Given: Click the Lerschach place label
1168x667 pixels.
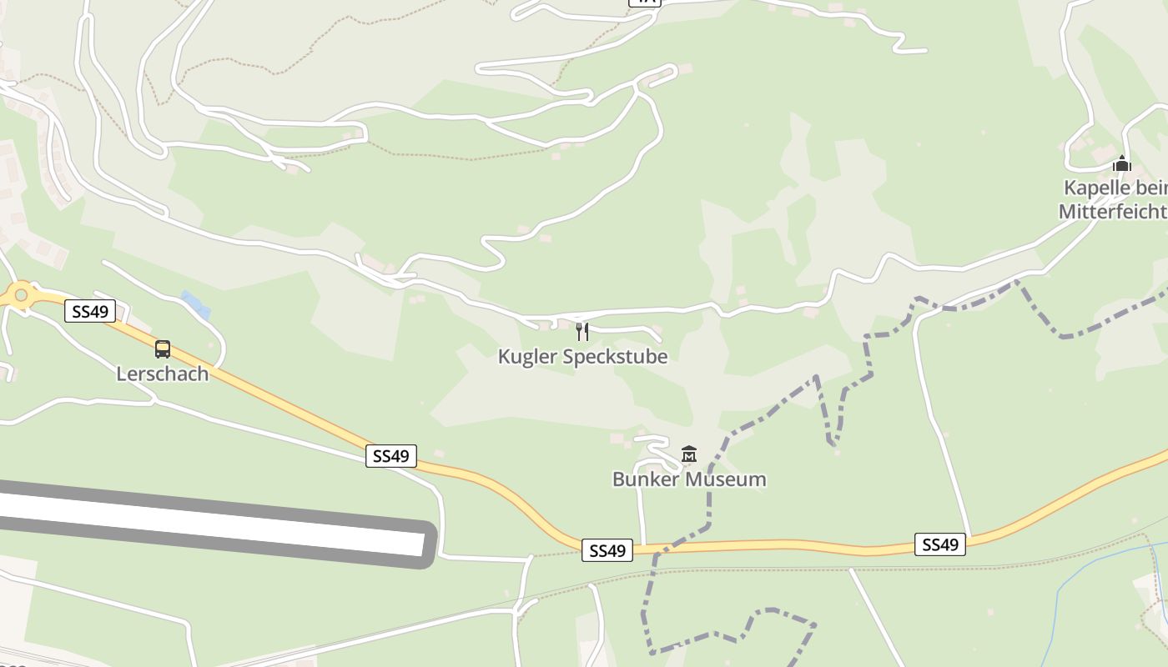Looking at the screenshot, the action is [x=163, y=374].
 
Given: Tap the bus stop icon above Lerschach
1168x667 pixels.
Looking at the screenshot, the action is [x=163, y=349].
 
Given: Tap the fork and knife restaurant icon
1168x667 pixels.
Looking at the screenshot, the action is [x=582, y=332].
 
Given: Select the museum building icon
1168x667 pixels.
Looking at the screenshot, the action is [x=689, y=454].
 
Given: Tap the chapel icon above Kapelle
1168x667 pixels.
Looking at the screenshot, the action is [x=1122, y=163].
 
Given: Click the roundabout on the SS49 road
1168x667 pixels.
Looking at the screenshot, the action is [x=21, y=294].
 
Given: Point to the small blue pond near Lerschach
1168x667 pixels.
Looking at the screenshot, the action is [x=195, y=304].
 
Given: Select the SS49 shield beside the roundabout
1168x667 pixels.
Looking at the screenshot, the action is [x=90, y=312].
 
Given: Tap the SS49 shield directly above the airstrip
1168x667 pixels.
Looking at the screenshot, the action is [x=390, y=456].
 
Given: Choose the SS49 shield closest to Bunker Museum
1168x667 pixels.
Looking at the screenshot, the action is [x=607, y=550].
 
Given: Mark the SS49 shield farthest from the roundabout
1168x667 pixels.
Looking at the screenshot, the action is [x=940, y=544].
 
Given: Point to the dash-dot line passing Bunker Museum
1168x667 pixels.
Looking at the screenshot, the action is [x=709, y=500].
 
